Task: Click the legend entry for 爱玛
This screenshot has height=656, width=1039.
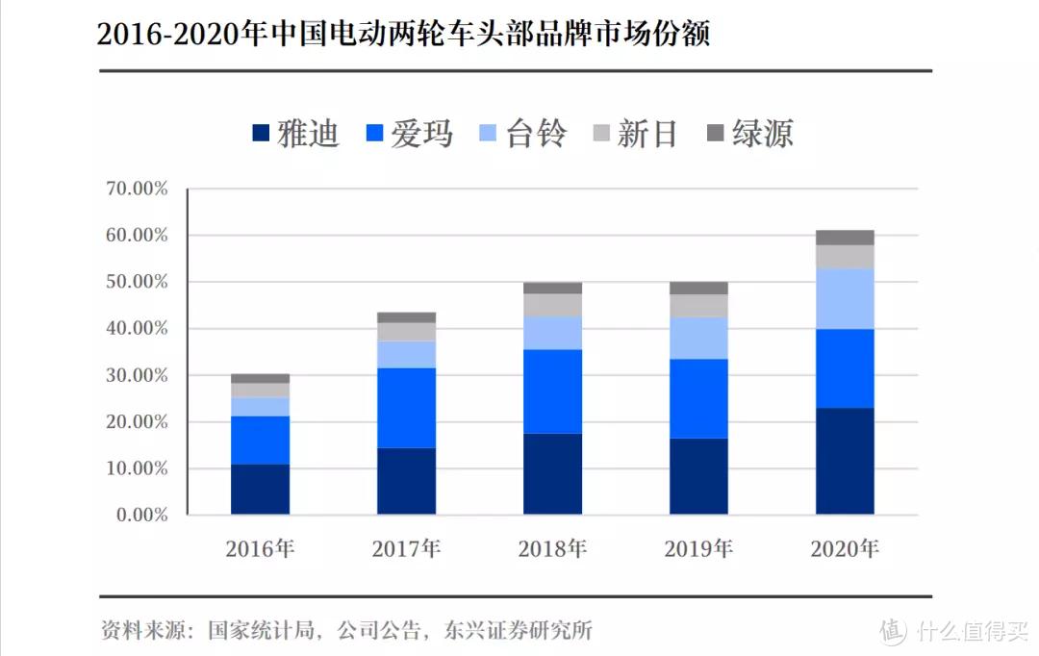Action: click(410, 134)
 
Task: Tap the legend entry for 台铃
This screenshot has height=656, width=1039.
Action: click(524, 134)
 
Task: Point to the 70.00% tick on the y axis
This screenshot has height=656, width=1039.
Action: click(137, 189)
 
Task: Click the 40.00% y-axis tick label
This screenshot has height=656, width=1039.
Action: click(137, 329)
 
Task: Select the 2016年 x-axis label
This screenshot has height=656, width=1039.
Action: click(260, 549)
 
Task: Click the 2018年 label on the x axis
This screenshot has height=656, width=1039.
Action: click(552, 549)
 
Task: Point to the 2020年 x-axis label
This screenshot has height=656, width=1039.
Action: click(845, 549)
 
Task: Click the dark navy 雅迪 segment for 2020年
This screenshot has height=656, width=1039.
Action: click(845, 462)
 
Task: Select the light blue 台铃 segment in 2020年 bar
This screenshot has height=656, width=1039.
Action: click(845, 298)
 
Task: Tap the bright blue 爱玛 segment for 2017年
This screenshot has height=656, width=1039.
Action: click(406, 408)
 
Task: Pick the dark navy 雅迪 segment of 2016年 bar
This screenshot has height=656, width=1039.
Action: click(260, 490)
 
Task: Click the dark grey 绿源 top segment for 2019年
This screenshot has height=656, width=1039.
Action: click(698, 288)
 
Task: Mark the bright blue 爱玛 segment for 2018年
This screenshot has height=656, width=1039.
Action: click(552, 391)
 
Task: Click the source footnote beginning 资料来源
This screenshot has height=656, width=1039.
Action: click(346, 631)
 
